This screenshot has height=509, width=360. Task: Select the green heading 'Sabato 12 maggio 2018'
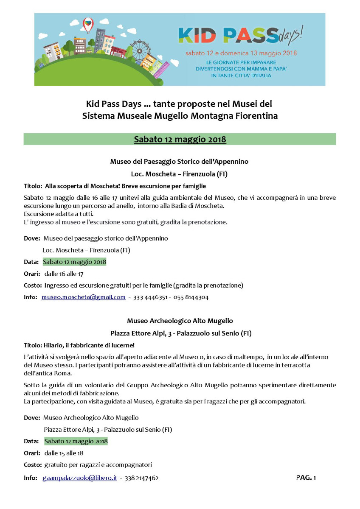click(x=180, y=139)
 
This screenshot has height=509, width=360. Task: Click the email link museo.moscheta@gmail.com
click(x=84, y=297)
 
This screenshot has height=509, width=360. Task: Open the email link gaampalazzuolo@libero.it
click(x=80, y=478)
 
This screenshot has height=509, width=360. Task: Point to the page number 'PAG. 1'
click(x=306, y=478)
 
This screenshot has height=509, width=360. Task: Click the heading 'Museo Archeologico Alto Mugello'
click(x=180, y=321)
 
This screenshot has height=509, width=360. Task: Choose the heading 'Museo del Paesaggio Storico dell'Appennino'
click(x=179, y=162)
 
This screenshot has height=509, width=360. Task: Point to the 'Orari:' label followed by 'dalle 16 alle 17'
click(x=32, y=274)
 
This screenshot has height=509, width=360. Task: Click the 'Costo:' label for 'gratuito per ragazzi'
click(x=33, y=465)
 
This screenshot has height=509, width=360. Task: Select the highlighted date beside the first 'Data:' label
click(x=74, y=262)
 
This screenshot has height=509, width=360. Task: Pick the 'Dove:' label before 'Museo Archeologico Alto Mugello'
click(x=32, y=418)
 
